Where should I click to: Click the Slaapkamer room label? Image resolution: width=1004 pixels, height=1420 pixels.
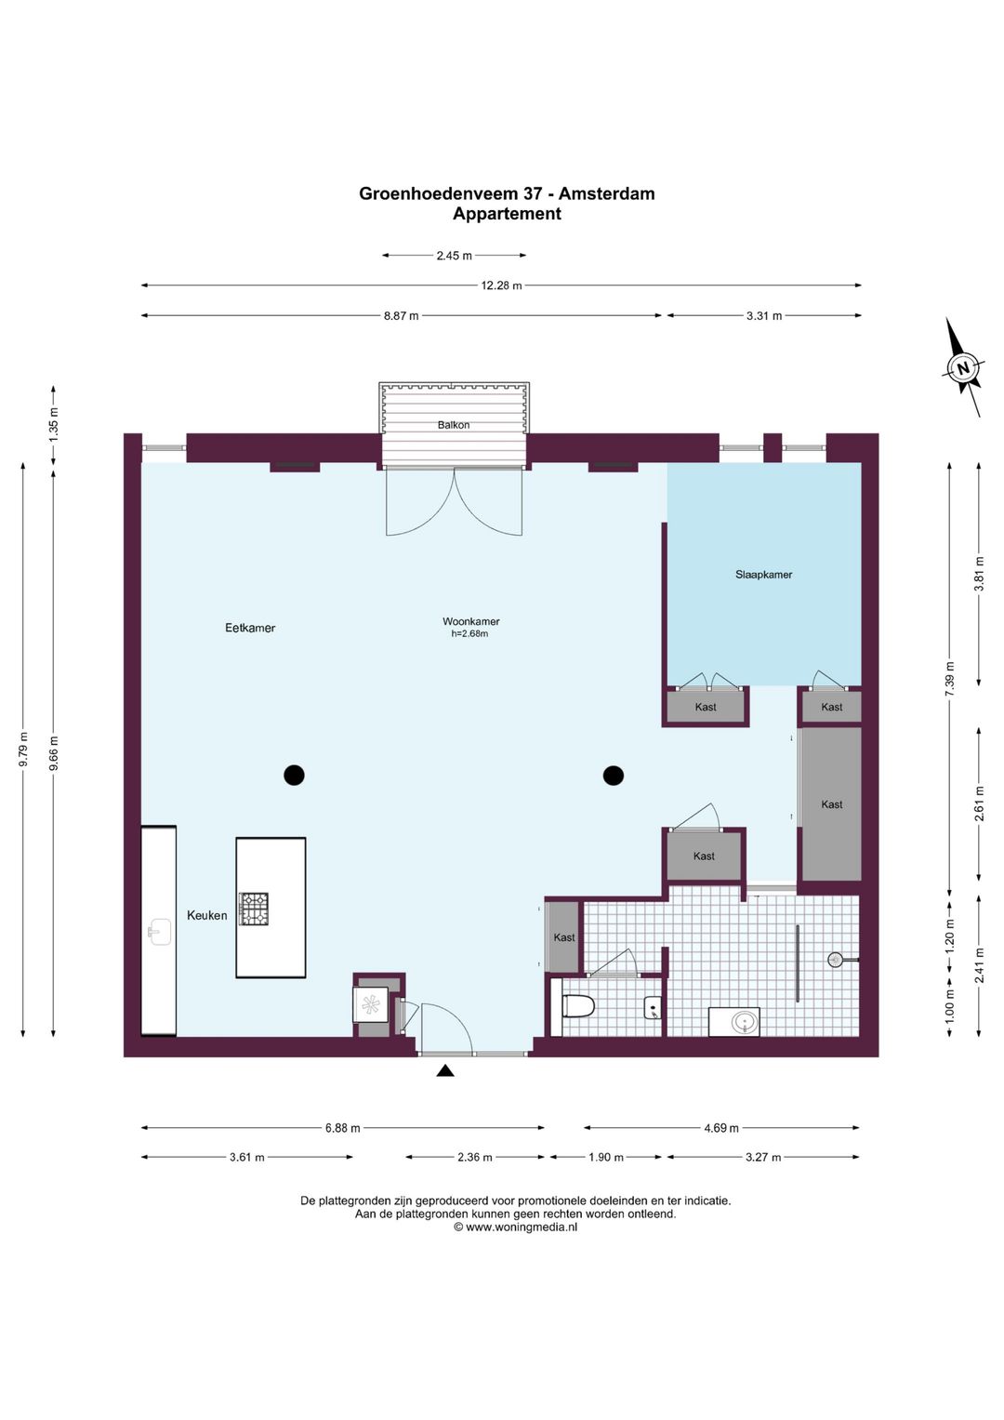point(763,575)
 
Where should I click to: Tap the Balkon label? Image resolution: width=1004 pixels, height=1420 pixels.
point(454,425)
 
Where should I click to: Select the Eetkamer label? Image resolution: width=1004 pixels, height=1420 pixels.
point(250,628)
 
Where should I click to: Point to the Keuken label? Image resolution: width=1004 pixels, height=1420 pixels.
point(206,915)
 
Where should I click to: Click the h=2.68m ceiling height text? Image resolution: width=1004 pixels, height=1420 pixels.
point(469,633)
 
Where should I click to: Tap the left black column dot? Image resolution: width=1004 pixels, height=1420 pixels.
point(294,775)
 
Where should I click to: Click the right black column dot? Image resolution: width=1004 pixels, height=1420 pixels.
point(613,775)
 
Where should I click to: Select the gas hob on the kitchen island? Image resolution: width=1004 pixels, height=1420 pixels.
point(254,909)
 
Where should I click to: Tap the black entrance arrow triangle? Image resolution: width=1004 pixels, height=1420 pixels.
point(445,1070)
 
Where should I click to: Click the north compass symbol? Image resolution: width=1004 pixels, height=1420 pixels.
point(963,367)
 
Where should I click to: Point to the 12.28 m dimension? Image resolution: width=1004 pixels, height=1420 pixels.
point(501,285)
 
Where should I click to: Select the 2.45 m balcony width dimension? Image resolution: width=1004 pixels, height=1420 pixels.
point(454,256)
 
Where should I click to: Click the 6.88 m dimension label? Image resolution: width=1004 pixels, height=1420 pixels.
point(343,1128)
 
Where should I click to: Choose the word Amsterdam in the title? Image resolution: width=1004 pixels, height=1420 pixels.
point(606,193)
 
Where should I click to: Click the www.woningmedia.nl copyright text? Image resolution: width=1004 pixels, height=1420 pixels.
point(515,1227)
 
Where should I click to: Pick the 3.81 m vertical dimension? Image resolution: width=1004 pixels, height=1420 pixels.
point(979,574)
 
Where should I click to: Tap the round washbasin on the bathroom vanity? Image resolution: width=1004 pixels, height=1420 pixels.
point(742,1021)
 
